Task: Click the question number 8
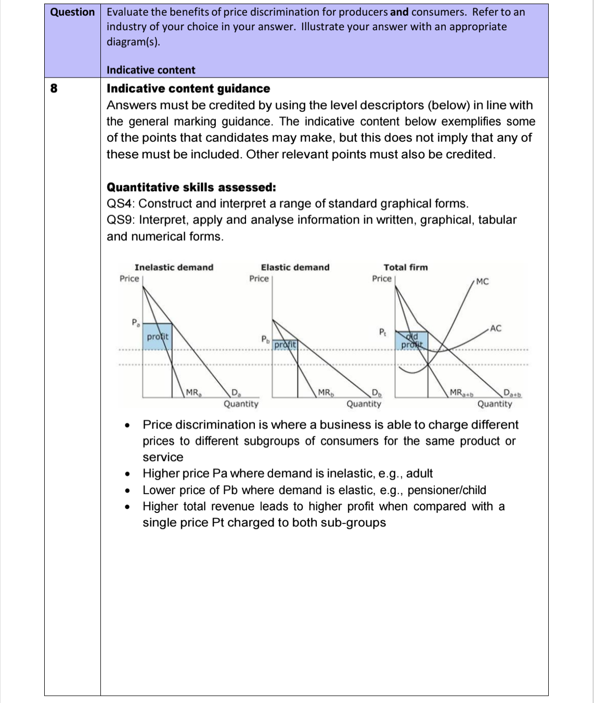point(54,88)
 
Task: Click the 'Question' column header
point(72,12)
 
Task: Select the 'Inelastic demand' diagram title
point(174,267)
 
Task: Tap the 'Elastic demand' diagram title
point(295,267)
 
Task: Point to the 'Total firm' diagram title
point(406,267)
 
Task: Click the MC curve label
point(482,282)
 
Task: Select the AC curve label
point(495,328)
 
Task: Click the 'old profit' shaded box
point(411,341)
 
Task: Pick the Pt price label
point(382,332)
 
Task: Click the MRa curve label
point(193,393)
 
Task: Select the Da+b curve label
point(512,393)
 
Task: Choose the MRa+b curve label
point(461,393)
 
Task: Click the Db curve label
point(376,393)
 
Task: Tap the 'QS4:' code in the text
point(121,204)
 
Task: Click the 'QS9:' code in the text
point(121,220)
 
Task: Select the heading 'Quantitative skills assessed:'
point(191,187)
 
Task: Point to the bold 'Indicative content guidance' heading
point(188,89)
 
